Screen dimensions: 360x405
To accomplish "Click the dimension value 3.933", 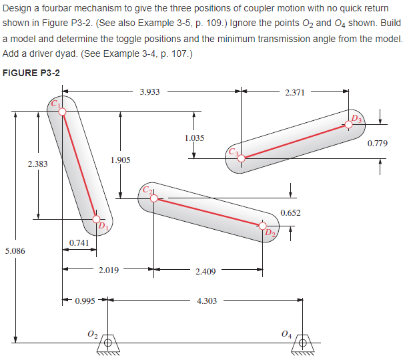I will click(x=150, y=92).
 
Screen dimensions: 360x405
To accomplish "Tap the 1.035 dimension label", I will click(x=193, y=138).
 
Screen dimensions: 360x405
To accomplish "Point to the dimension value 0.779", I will click(x=378, y=143).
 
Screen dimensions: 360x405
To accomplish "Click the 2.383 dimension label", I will click(x=38, y=164).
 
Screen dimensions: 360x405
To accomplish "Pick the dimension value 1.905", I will click(x=120, y=160).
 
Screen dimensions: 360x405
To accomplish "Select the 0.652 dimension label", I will click(x=290, y=213).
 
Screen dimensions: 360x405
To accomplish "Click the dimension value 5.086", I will click(x=15, y=251).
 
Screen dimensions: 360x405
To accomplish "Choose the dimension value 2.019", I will click(x=108, y=271).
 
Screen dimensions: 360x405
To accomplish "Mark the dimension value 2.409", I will click(x=205, y=271).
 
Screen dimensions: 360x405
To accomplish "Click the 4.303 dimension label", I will click(x=207, y=301).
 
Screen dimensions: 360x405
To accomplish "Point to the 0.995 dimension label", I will click(x=85, y=301).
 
